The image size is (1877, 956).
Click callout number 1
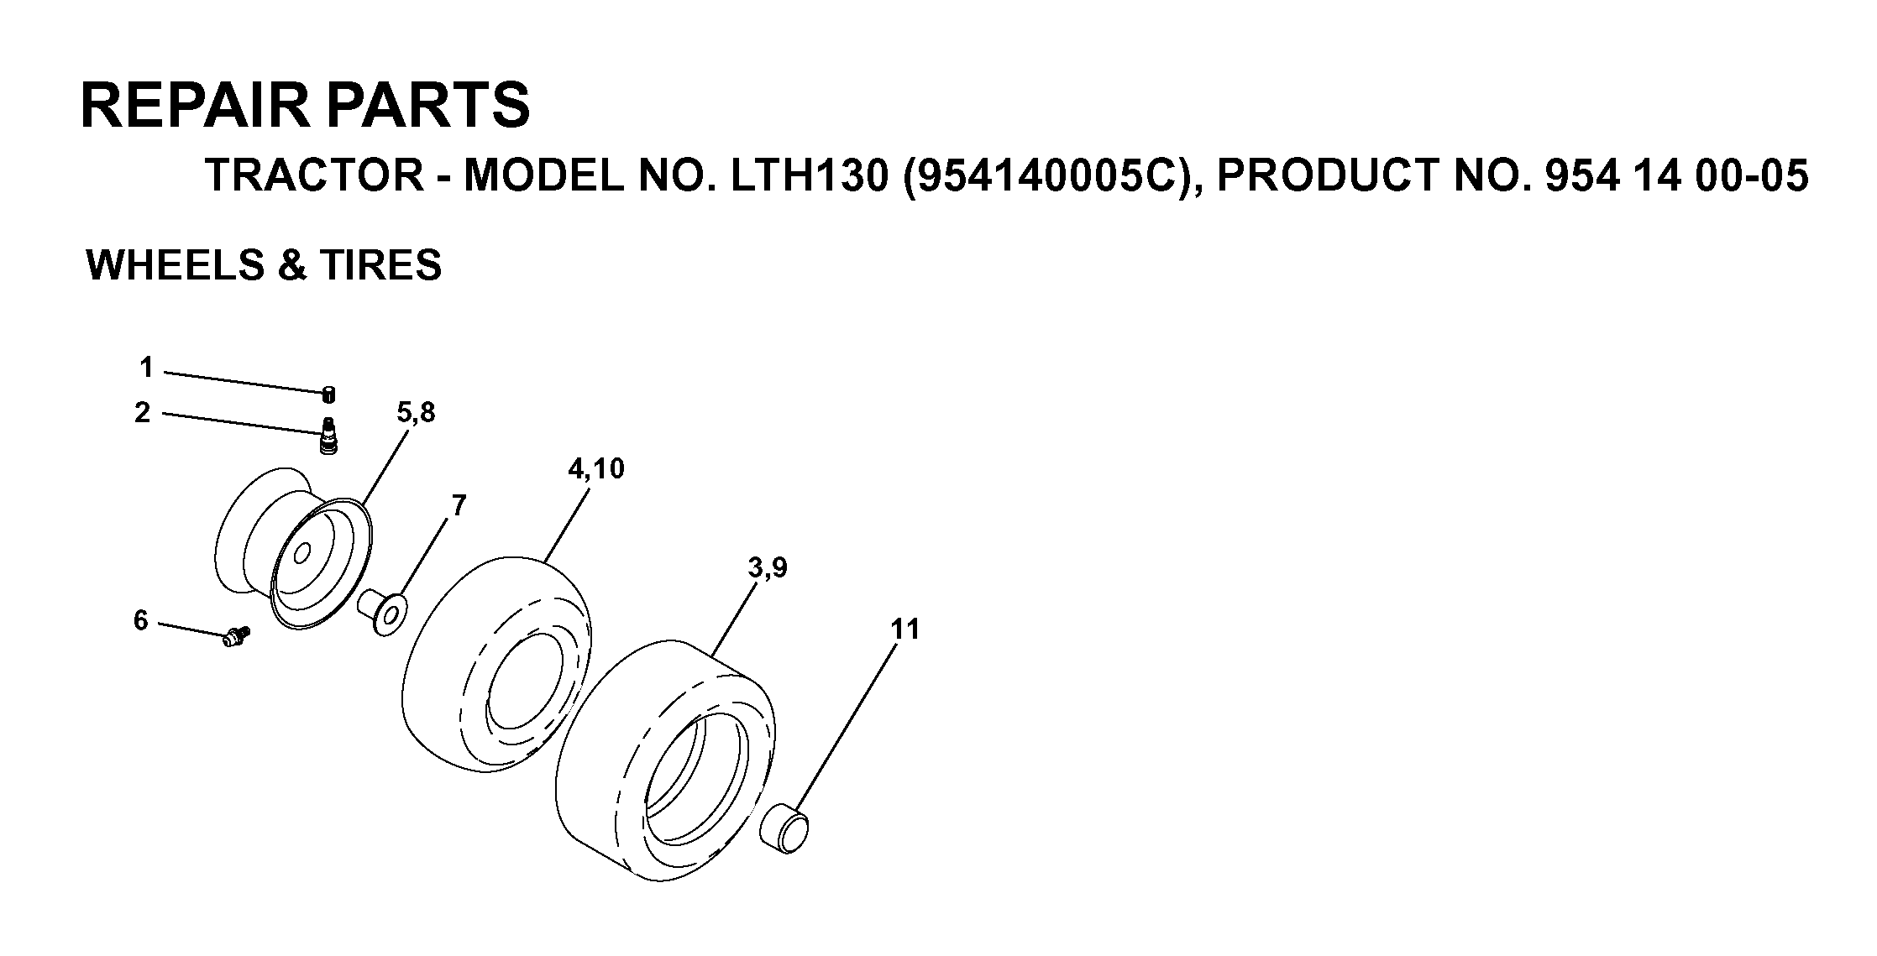point(147,368)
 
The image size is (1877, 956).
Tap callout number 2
point(143,412)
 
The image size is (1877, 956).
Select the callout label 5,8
point(416,413)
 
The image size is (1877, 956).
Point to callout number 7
point(459,505)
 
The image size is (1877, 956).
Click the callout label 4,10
point(596,468)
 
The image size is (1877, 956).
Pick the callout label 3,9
point(768,568)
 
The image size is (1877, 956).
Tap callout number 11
point(905,629)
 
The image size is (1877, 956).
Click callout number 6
point(140,620)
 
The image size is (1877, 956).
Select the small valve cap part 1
point(329,394)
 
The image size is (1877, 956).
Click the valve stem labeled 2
point(328,436)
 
